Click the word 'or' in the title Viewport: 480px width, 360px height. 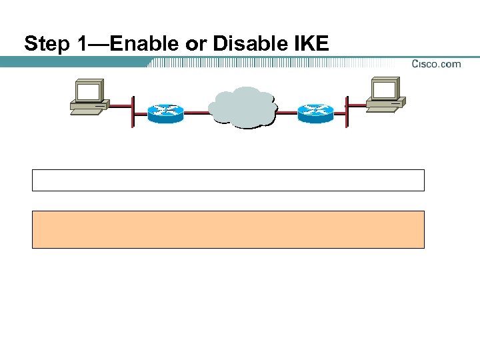click(x=199, y=45)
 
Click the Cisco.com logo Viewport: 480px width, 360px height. click(x=436, y=64)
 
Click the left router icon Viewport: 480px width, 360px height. click(x=165, y=113)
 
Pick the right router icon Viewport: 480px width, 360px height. click(x=316, y=113)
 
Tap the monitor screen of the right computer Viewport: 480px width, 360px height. click(x=385, y=89)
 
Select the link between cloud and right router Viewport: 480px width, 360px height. click(x=287, y=113)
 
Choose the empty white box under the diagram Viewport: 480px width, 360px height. click(x=228, y=180)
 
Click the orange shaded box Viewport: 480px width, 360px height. click(x=228, y=229)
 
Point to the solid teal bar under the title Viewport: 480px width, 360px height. click(x=73, y=62)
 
